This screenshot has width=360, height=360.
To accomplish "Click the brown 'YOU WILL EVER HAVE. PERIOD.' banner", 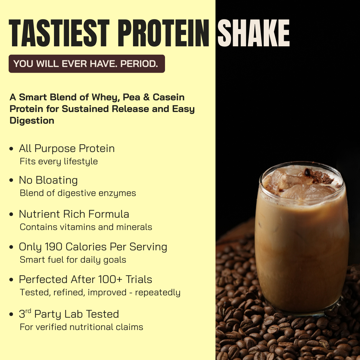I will [x=86, y=64].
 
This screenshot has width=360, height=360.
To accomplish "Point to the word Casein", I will [x=168, y=97].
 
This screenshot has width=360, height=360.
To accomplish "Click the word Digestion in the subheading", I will [x=32, y=121].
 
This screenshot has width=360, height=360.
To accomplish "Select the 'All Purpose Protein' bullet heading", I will [x=67, y=148].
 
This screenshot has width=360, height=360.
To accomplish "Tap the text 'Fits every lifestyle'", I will [x=59, y=162].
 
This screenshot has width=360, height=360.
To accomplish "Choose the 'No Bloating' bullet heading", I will [x=48, y=180].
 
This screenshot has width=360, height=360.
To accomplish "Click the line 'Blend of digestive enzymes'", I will [x=78, y=193].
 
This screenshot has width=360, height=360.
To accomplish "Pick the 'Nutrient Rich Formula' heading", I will [x=74, y=214].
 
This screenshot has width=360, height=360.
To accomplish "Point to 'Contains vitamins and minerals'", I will [x=86, y=227].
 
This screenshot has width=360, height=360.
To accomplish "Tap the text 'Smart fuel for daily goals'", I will [x=73, y=260].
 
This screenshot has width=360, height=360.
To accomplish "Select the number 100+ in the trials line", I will [x=107, y=279].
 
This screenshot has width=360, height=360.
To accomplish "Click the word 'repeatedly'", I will [x=158, y=293].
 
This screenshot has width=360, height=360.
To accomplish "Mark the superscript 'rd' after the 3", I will [x=29, y=311].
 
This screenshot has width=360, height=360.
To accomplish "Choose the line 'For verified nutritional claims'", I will [x=81, y=327].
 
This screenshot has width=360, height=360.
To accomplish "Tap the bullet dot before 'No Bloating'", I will [x=12, y=181].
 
